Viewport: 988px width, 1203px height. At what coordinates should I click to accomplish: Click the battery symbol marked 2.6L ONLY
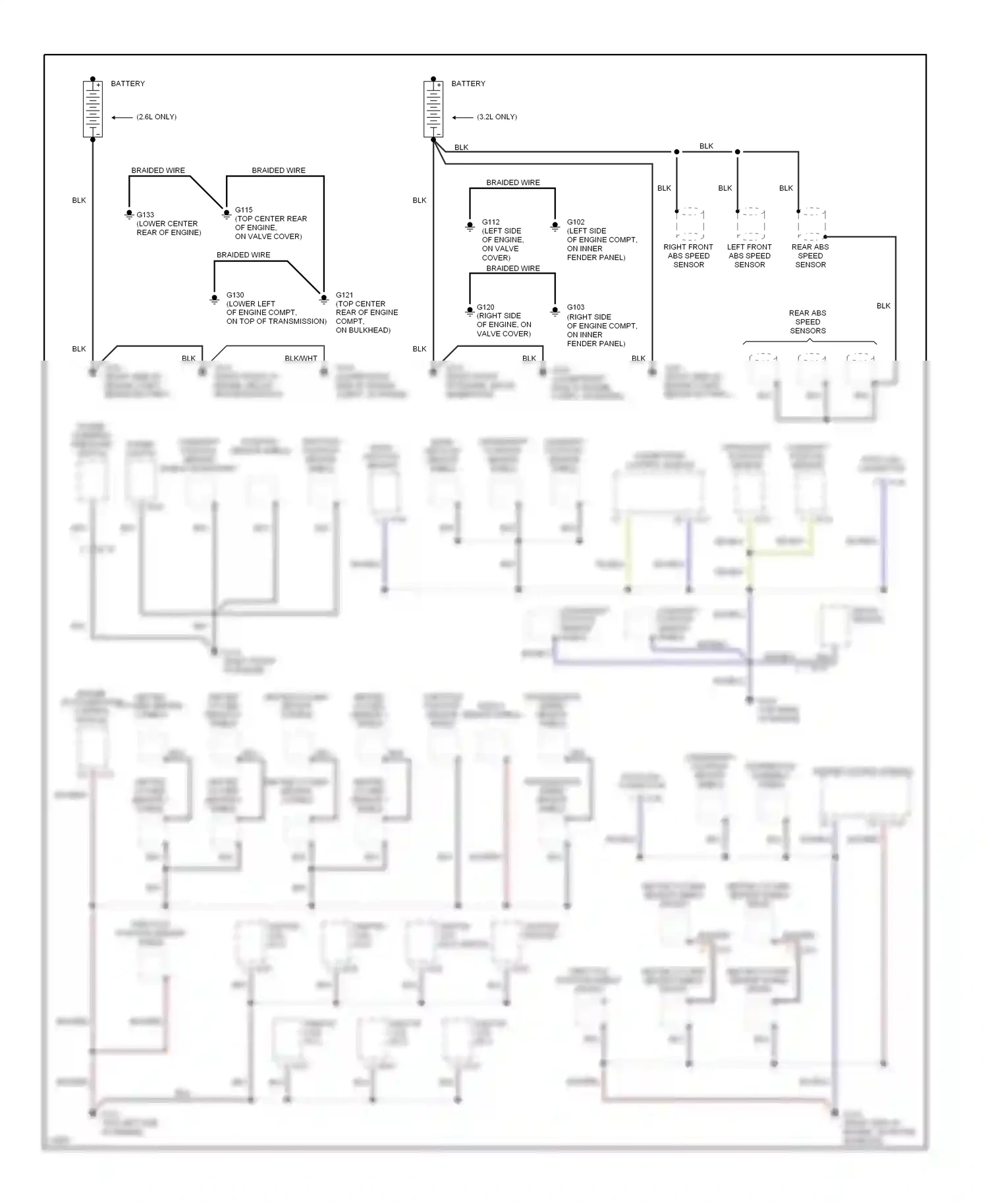[x=92, y=109]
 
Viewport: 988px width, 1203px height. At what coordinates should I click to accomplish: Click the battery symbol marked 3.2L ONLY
[x=433, y=109]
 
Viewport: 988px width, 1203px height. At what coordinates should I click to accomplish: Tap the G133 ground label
[x=145, y=215]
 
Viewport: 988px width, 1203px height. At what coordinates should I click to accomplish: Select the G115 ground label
[x=244, y=210]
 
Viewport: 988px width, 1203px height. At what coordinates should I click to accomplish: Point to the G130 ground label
[x=235, y=295]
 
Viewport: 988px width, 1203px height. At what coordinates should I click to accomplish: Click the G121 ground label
[x=344, y=295]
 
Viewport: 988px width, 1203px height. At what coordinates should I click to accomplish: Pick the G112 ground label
[x=491, y=222]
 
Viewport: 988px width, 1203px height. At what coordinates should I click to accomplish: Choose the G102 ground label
[x=576, y=222]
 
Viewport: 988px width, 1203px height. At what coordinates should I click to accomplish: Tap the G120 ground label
[x=485, y=307]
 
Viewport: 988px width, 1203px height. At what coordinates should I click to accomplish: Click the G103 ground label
[x=576, y=307]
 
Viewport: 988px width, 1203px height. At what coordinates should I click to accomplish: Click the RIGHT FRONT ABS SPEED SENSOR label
[x=688, y=256]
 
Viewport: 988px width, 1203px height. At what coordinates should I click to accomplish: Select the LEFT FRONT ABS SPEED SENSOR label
[x=750, y=256]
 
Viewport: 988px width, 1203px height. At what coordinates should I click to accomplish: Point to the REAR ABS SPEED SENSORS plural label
[x=808, y=322]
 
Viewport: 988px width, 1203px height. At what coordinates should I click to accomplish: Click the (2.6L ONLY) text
[x=156, y=117]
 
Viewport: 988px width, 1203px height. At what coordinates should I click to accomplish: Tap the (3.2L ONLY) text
[x=497, y=117]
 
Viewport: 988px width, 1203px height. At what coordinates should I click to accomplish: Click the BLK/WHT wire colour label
[x=301, y=359]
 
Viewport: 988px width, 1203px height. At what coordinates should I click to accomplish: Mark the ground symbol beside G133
[x=129, y=215]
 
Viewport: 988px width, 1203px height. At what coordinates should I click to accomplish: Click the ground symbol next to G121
[x=323, y=299]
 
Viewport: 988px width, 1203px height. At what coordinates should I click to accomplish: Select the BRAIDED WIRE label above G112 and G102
[x=513, y=182]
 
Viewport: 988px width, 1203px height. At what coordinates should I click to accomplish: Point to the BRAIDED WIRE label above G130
[x=243, y=255]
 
